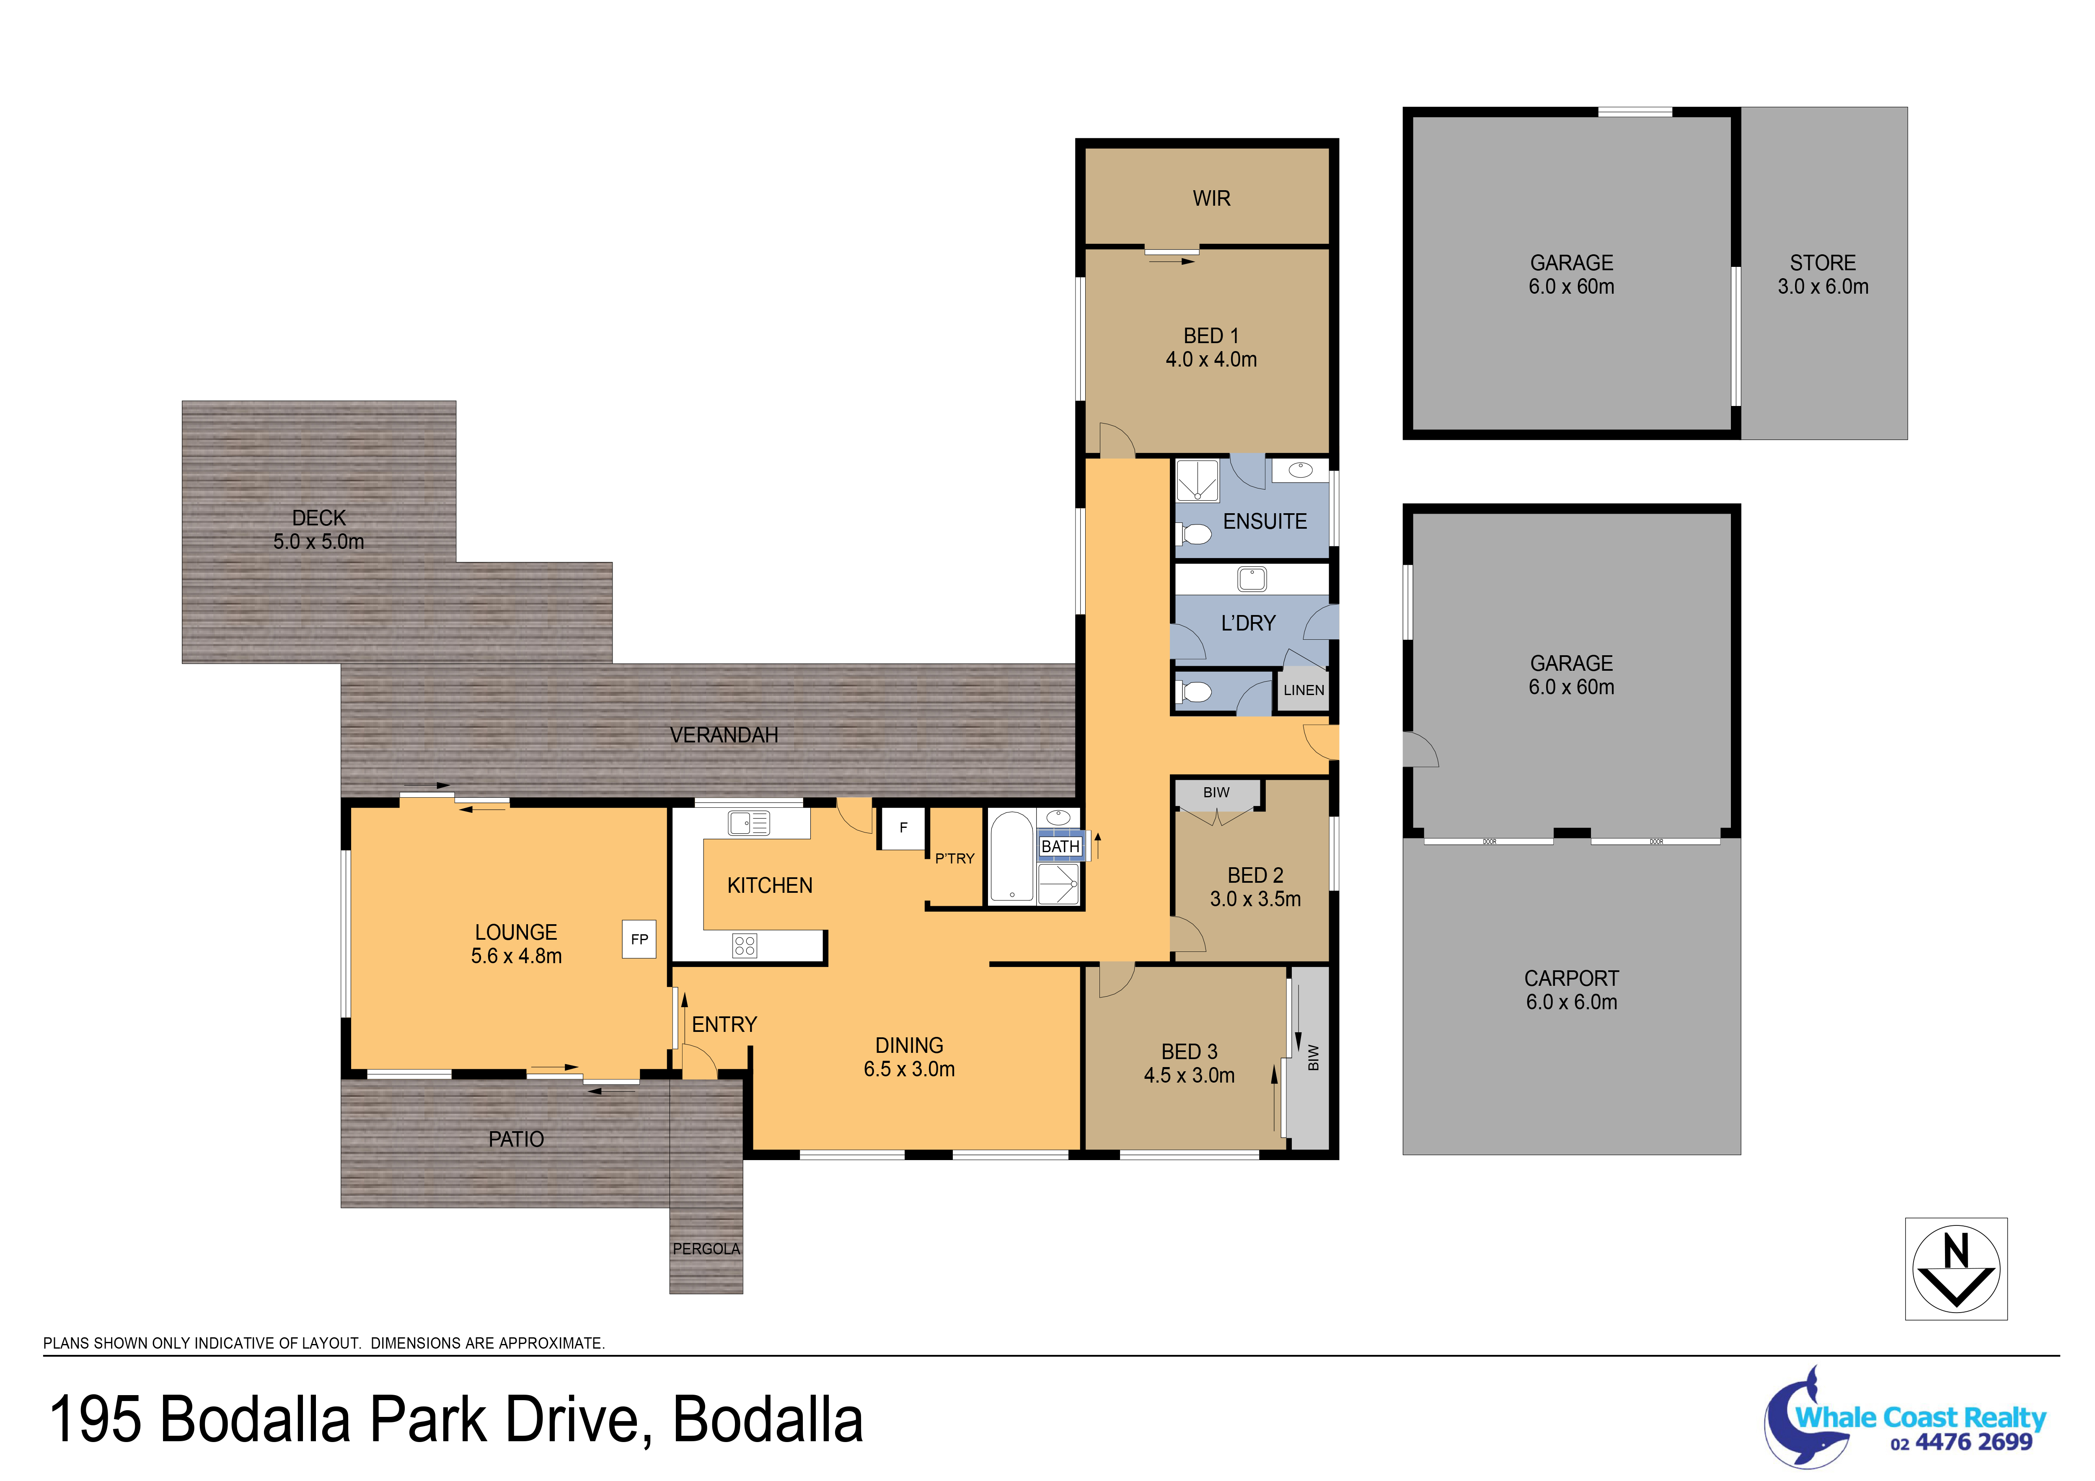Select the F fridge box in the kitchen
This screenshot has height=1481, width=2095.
tap(903, 828)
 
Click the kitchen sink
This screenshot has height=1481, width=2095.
tap(748, 823)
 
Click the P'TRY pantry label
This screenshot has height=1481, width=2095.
tap(954, 858)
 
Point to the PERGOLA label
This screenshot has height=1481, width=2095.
tap(706, 1248)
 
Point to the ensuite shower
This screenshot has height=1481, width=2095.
tap(1197, 480)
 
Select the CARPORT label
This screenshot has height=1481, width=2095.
tap(1571, 978)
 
